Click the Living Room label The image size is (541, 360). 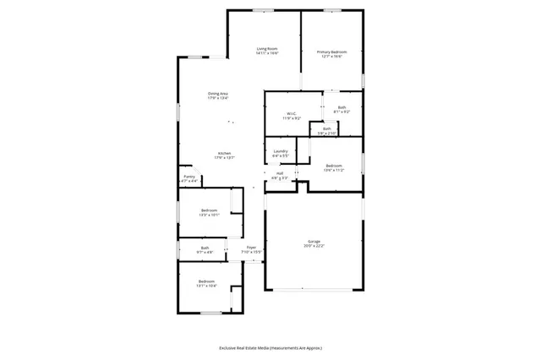click(268, 49)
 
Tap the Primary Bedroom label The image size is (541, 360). click(332, 52)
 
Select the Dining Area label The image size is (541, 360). click(218, 93)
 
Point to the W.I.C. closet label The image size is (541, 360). click(290, 113)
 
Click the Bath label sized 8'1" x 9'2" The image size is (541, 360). click(342, 107)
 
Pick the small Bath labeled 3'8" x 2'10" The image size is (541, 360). click(326, 128)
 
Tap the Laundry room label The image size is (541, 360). click(281, 151)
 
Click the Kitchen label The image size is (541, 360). click(224, 153)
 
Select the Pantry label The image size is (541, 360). click(189, 177)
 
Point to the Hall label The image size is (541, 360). click(279, 173)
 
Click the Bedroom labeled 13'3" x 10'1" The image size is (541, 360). click(209, 210)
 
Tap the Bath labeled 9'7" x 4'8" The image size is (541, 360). click(205, 248)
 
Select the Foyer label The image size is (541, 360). click(251, 248)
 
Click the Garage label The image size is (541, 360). click(314, 242)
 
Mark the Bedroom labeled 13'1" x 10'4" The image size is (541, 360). click(207, 281)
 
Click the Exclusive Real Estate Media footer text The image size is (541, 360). click(270, 347)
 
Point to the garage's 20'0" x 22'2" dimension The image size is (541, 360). click(314, 247)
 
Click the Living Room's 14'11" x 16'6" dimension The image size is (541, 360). click(268, 54)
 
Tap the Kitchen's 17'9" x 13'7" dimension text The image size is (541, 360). click(224, 158)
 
